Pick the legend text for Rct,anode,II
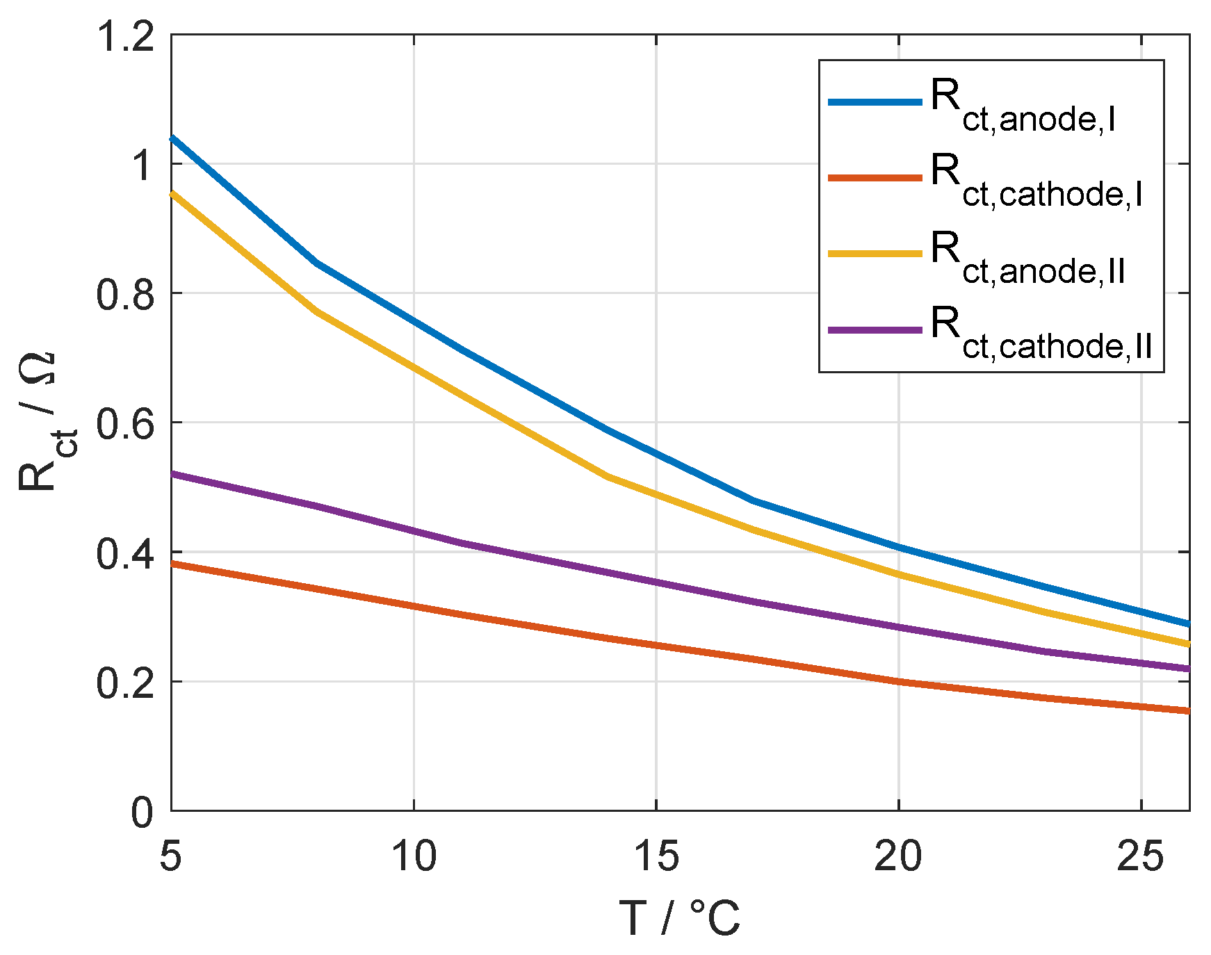pyautogui.click(x=1027, y=258)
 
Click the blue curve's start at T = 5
pyautogui.click(x=172, y=138)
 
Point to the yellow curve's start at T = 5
pyautogui.click(x=172, y=193)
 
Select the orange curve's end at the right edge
pyautogui.click(x=1187, y=710)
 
